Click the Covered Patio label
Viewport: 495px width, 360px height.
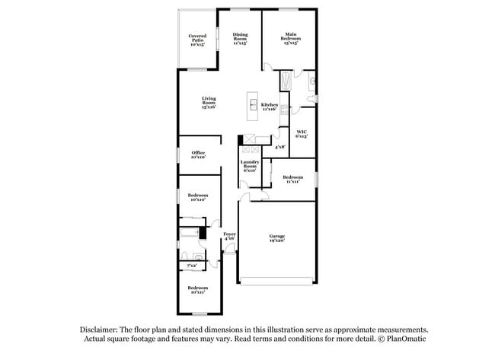[x=197, y=39]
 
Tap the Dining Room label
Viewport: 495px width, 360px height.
[x=240, y=39]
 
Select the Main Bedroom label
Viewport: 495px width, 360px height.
[x=290, y=39]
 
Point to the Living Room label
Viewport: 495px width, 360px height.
[x=209, y=103]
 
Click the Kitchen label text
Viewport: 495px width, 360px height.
[x=270, y=107]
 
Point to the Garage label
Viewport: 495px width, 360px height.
[x=276, y=238]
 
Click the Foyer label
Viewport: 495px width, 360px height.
[x=228, y=235]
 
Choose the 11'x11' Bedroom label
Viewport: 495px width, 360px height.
[x=293, y=179]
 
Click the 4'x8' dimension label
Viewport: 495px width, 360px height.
[x=279, y=146]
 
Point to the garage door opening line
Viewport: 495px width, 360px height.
[x=276, y=284]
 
